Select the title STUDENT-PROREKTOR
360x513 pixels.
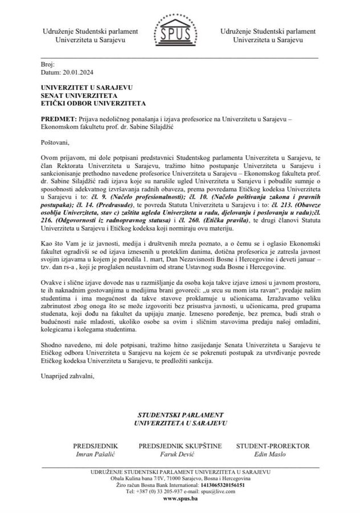(x=273, y=446)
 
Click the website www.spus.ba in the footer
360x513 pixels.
(x=179, y=498)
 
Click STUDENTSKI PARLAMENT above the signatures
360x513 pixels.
(x=180, y=415)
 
